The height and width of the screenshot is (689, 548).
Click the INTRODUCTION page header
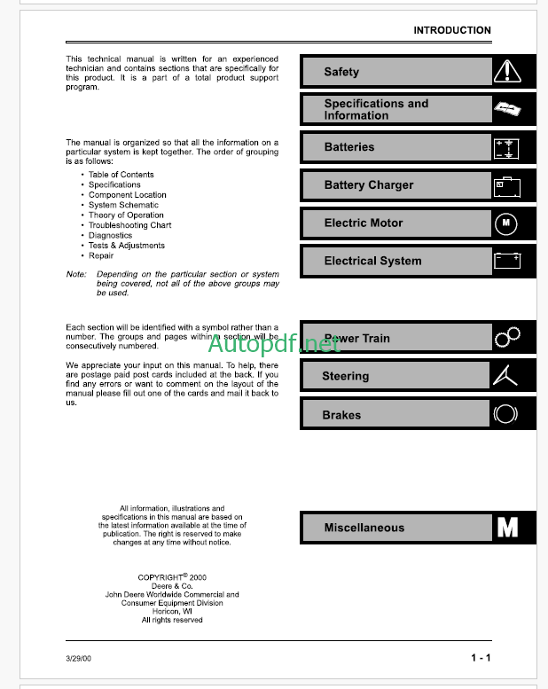tap(451, 30)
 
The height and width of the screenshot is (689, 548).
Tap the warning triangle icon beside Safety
tap(506, 71)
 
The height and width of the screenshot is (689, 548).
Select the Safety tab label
tap(341, 72)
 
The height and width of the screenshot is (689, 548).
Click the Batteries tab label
tap(348, 147)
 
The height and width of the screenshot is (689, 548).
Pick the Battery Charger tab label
tap(368, 185)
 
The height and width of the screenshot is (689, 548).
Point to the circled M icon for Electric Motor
tap(506, 223)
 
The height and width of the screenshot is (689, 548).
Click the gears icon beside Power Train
tap(507, 336)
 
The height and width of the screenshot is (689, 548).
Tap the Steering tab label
tap(345, 377)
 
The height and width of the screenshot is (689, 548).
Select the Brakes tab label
tap(341, 415)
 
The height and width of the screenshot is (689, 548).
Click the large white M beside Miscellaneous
tap(507, 528)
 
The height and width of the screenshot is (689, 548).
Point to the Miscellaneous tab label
tap(364, 528)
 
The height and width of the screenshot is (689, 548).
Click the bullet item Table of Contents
tap(121, 175)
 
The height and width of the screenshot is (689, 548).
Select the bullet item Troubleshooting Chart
tap(129, 225)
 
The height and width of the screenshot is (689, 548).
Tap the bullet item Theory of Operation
tap(126, 215)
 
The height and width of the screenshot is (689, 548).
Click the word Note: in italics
tap(76, 275)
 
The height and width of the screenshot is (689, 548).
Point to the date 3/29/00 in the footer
tap(78, 658)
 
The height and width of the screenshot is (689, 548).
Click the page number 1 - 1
tap(481, 658)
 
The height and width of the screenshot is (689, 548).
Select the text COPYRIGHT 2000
tap(171, 577)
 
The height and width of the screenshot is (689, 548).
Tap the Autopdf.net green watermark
tap(275, 342)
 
